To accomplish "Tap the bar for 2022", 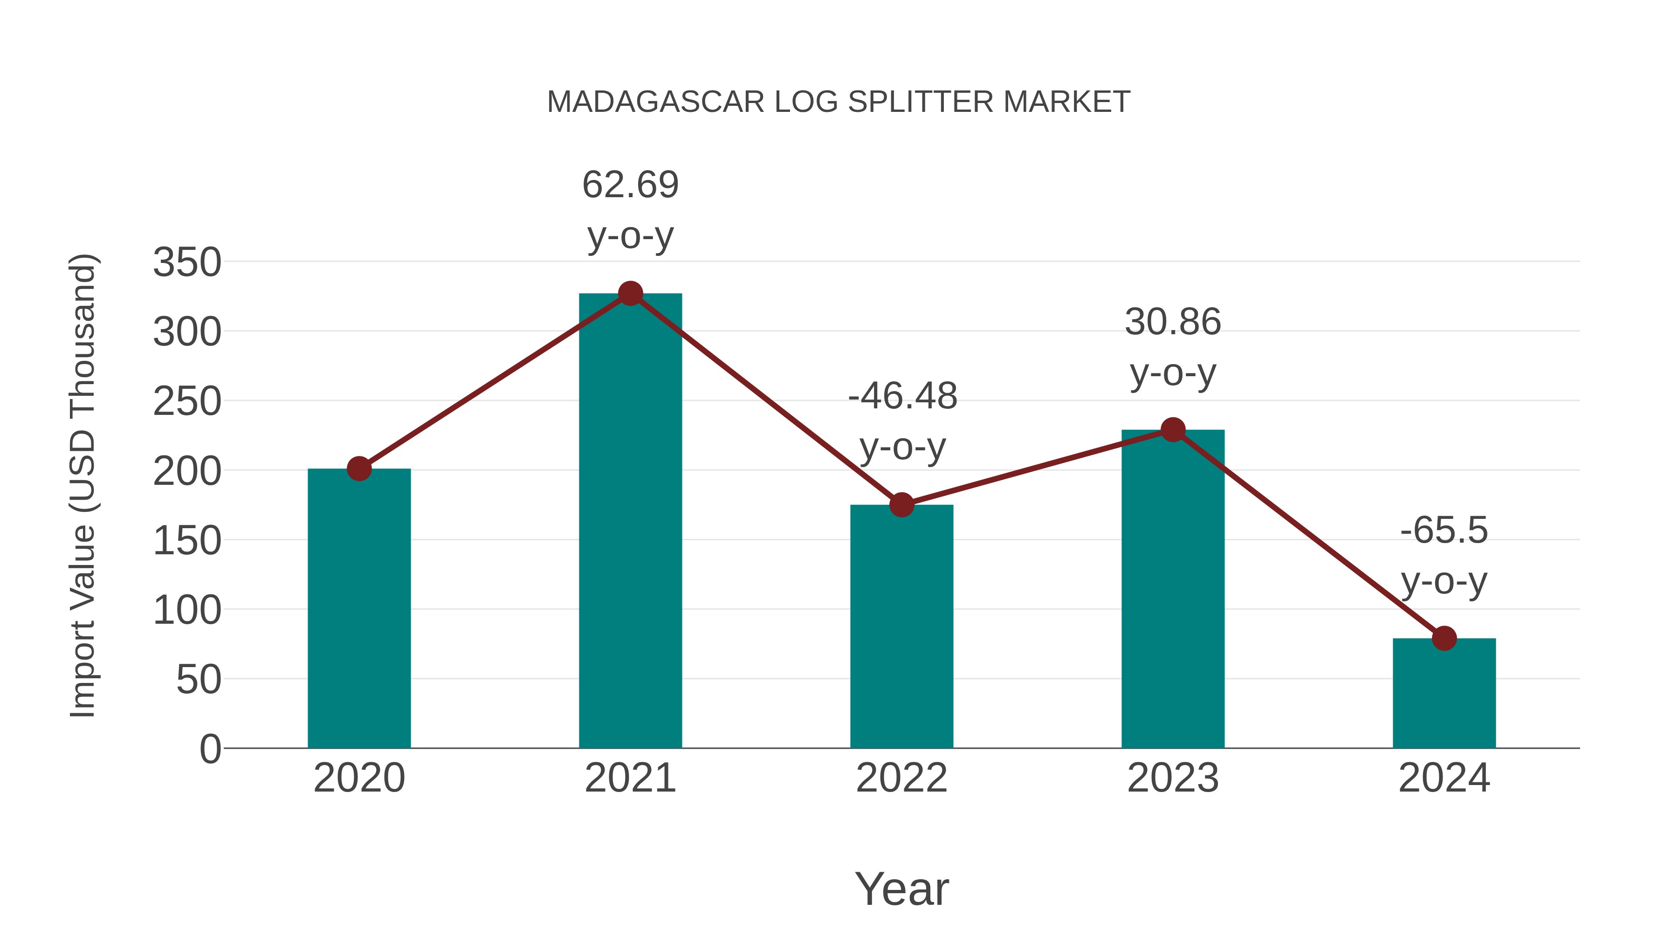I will [x=901, y=626].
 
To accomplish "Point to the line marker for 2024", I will [x=1444, y=639].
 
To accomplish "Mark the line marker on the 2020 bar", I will [x=359, y=469].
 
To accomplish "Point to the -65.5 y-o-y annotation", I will [x=1444, y=555].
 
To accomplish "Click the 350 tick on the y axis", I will [x=187, y=262].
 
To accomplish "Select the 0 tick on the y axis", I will [x=210, y=749].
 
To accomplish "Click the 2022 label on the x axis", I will [x=901, y=778].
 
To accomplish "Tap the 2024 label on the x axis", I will [x=1444, y=778].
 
